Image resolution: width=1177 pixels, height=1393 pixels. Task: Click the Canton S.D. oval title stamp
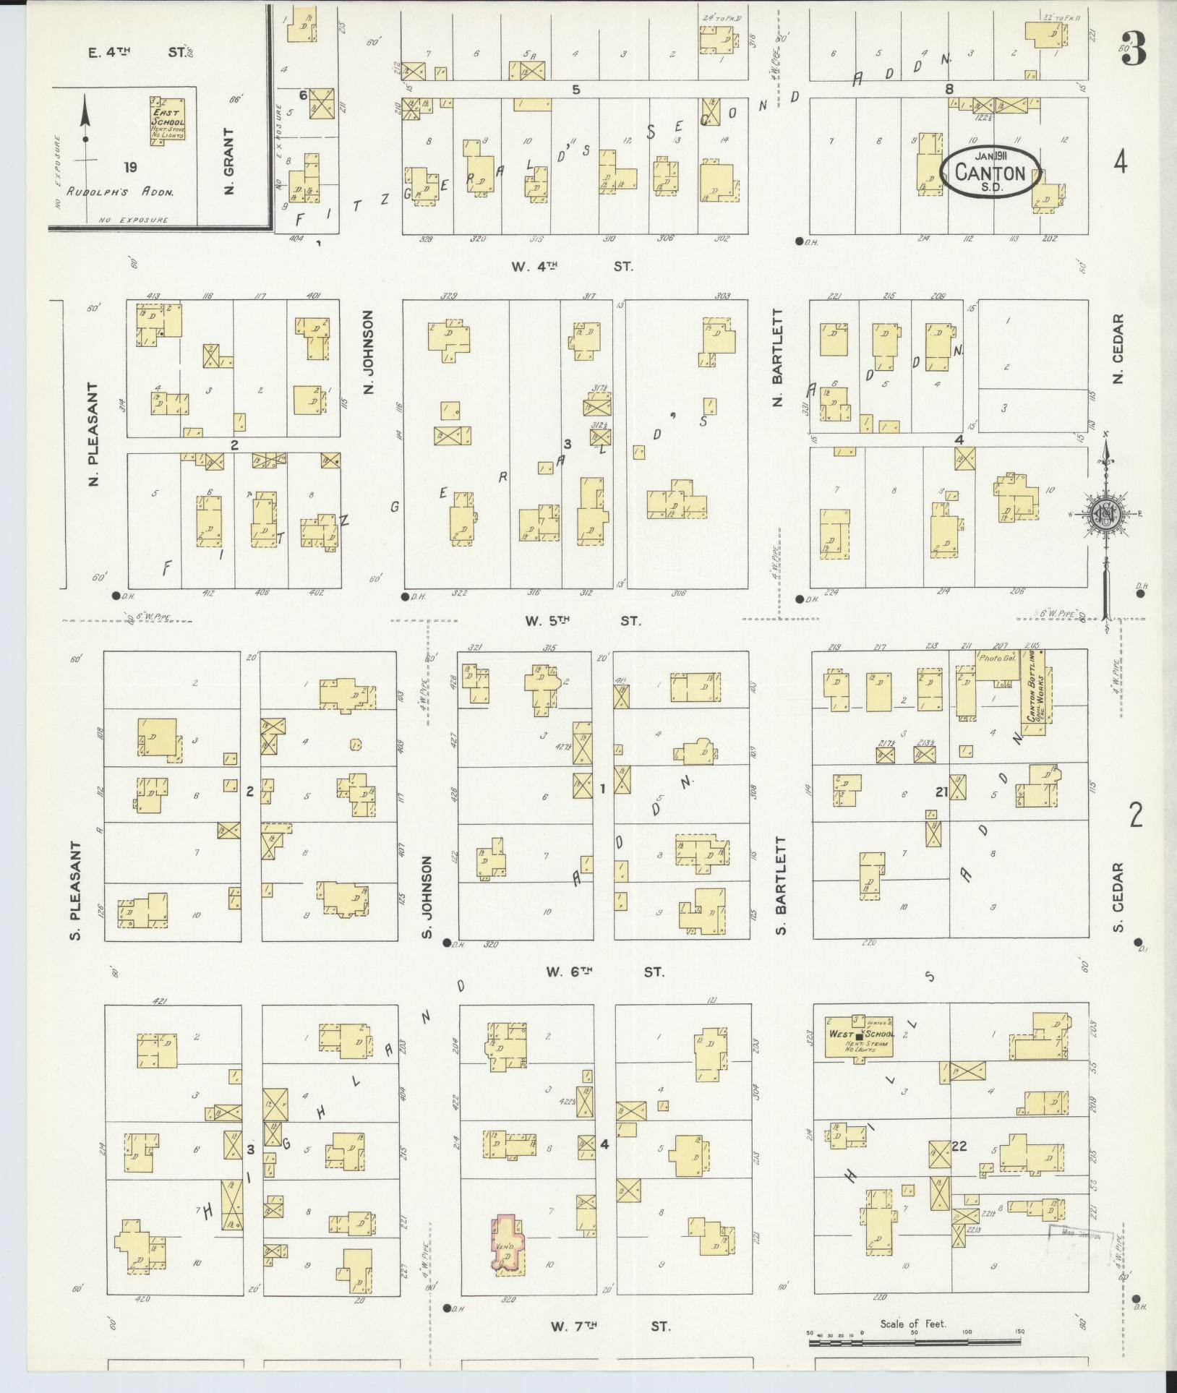(990, 172)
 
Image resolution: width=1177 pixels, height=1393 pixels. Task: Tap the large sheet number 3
(1134, 49)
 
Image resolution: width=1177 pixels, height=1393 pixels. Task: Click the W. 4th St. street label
(572, 266)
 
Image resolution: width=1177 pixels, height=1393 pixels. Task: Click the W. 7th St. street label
(610, 1326)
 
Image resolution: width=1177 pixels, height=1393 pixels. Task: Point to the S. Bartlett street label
(779, 886)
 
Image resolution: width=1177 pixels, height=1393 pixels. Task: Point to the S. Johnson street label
(426, 899)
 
